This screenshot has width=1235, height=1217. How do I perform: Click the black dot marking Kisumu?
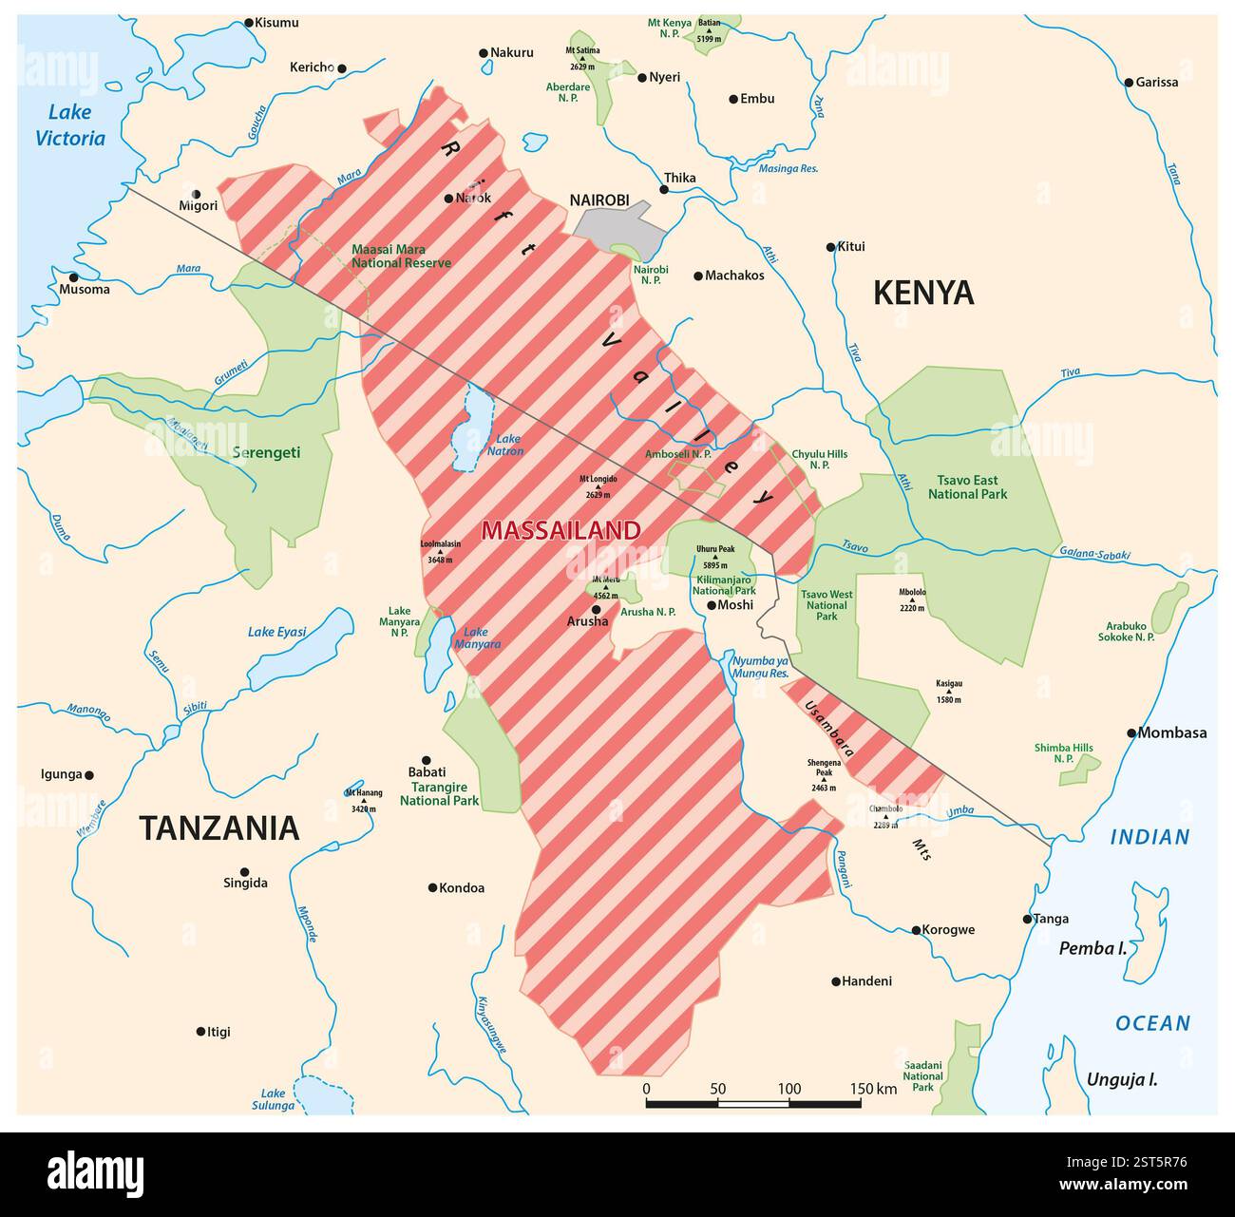tap(249, 22)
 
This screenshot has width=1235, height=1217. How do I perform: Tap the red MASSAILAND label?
tap(560, 530)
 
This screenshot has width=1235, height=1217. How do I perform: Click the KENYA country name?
tap(923, 293)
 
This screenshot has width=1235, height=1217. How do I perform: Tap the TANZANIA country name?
tap(219, 827)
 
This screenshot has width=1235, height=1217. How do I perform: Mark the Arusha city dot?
tap(597, 609)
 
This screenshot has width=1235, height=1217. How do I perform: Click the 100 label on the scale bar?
tap(789, 1089)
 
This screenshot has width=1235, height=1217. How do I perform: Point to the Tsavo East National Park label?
tap(967, 487)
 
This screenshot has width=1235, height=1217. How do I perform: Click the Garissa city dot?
tap(1129, 83)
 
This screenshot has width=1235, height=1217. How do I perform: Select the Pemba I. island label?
tap(1092, 947)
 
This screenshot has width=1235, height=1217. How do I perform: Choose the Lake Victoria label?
tap(70, 125)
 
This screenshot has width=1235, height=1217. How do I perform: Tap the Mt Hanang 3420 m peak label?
tap(365, 800)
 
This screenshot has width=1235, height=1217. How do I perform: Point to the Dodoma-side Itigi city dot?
tap(200, 1031)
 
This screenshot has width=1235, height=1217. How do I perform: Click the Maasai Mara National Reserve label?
tap(401, 256)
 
